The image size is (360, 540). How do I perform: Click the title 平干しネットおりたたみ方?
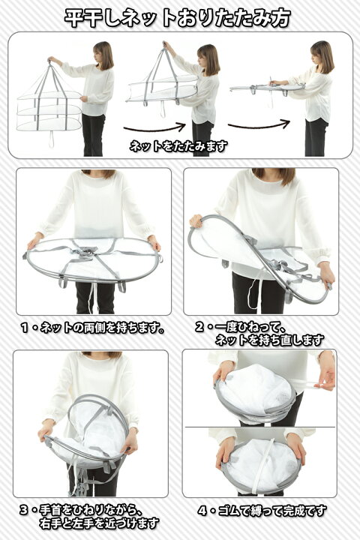pos(178,17)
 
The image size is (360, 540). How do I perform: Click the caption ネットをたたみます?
pos(178,146)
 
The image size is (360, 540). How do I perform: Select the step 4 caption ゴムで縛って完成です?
pos(271,511)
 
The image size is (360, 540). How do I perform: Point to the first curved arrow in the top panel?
pos(155,129)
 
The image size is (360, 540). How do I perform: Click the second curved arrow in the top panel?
pos(258,124)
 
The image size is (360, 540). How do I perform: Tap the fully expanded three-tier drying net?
pos(49,100)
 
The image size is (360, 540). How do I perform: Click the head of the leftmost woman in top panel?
pos(103,55)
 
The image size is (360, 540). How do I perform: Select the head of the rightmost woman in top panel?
pos(322,55)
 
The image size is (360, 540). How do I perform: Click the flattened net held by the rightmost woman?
pos(267,88)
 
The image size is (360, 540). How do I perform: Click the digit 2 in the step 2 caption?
pos(199,327)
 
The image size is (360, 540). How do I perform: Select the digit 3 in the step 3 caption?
pos(24,510)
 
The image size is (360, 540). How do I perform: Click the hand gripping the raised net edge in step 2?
pos(196,220)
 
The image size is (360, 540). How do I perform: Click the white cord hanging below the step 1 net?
pos(91,297)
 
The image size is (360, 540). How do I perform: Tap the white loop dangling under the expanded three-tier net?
pos(52,139)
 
